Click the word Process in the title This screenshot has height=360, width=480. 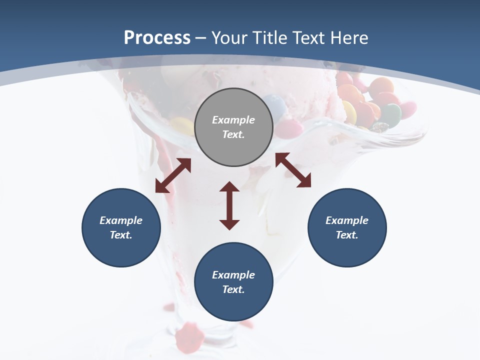click(157, 38)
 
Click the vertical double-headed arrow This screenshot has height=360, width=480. click(229, 205)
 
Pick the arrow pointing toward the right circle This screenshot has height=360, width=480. click(293, 170)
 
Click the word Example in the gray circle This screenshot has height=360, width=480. click(233, 120)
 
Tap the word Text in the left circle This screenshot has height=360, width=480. click(121, 235)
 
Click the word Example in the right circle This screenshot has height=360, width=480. click(347, 220)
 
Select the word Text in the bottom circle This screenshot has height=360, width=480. click(233, 289)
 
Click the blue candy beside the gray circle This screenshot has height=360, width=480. click(275, 105)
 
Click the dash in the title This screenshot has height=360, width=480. click(200, 38)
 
